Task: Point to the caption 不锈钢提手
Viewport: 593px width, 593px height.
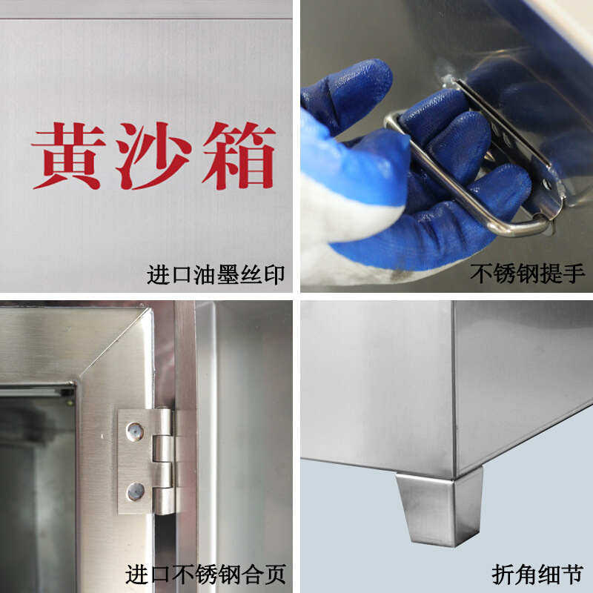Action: (528, 275)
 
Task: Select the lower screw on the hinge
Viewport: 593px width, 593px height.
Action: (135, 489)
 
